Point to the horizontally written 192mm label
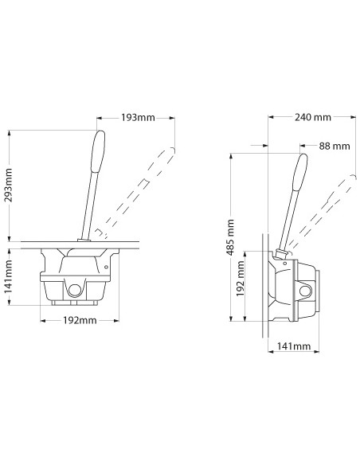click(x=79, y=321)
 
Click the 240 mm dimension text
click(x=311, y=117)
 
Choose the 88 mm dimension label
click(x=334, y=146)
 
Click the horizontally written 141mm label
click(x=295, y=346)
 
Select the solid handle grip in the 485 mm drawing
click(x=301, y=172)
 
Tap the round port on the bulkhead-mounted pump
click(x=304, y=291)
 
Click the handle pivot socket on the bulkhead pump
click(x=281, y=255)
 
